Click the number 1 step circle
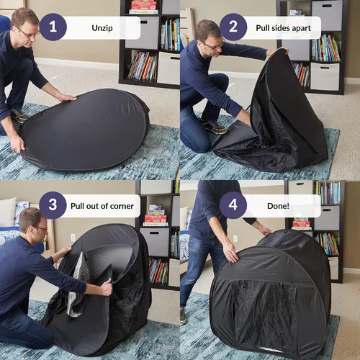tap(53, 27)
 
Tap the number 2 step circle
tap(233, 27)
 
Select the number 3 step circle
tap(53, 205)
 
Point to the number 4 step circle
tap(233, 205)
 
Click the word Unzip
tap(102, 28)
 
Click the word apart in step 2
tap(301, 28)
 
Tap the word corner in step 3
tap(122, 206)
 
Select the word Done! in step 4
tap(278, 206)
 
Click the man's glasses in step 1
tap(27, 32)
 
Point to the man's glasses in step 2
tap(214, 45)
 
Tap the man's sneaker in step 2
tap(215, 127)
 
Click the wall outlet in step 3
tap(73, 238)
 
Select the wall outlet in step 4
tap(235, 238)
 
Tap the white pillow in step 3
tap(7, 212)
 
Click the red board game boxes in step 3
tap(156, 215)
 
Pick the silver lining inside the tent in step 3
tap(78, 286)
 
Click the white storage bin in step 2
tap(325, 76)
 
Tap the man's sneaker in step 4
tap(183, 316)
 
